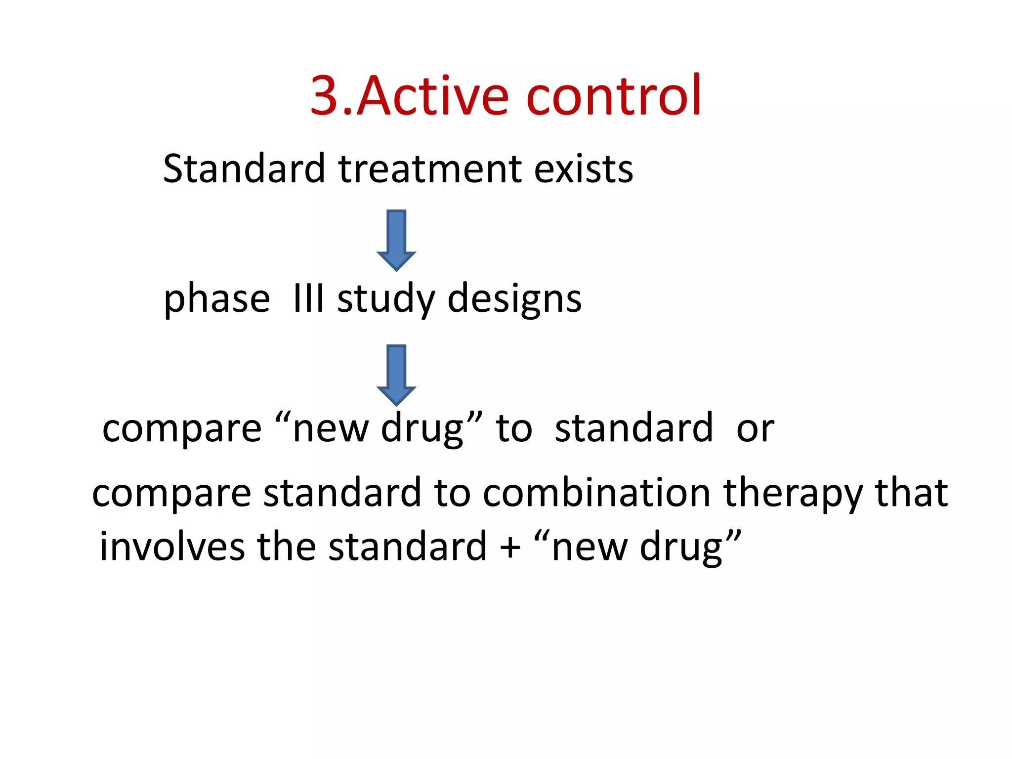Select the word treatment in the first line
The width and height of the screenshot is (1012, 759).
[x=430, y=169]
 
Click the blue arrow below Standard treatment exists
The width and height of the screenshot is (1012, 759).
[x=396, y=240]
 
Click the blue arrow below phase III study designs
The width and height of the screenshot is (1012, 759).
[x=396, y=375]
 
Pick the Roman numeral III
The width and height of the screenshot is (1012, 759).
[x=308, y=298]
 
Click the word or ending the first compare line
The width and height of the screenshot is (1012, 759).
[x=755, y=429]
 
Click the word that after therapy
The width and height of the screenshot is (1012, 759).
[x=912, y=493]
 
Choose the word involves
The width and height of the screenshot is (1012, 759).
[x=172, y=547]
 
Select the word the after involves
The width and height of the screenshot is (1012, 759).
[x=287, y=547]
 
